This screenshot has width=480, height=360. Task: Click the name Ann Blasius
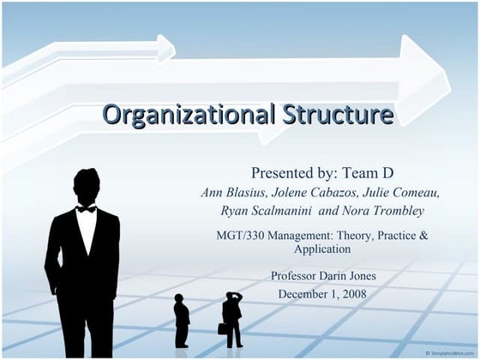(231, 191)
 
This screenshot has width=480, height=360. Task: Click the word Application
(322, 249)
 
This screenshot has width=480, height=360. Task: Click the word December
(303, 293)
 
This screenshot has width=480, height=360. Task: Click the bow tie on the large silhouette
(86, 208)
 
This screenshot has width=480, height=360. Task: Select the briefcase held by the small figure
(223, 328)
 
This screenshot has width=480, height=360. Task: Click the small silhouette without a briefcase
(181, 321)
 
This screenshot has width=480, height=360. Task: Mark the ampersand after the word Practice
(446, 235)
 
